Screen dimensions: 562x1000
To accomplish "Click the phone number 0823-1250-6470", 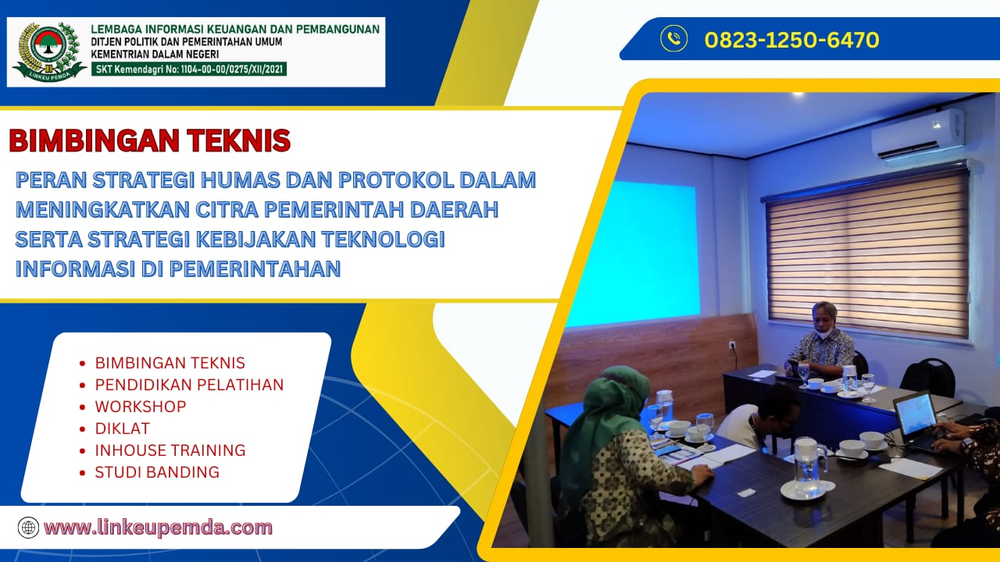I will click(x=791, y=40).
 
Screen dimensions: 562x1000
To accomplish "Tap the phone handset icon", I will click(x=673, y=39).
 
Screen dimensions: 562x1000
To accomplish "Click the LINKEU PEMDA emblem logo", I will click(x=48, y=52).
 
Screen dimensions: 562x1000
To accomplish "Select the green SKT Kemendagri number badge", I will click(x=189, y=69).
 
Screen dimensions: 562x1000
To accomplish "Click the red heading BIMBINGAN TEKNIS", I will click(x=149, y=141).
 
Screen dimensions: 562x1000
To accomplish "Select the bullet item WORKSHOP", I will click(x=141, y=407).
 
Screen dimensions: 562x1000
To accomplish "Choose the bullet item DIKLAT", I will click(x=122, y=429).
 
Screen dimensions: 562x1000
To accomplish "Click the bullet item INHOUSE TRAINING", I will click(x=170, y=450).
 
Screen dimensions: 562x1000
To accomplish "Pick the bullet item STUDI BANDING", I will click(x=157, y=472).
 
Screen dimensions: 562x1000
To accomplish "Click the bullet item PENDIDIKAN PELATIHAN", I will click(x=189, y=385).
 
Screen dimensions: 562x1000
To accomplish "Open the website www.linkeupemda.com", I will click(x=158, y=528).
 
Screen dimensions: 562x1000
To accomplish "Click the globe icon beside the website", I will click(x=28, y=528).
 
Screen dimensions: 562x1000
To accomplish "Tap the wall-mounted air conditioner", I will click(x=919, y=133).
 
